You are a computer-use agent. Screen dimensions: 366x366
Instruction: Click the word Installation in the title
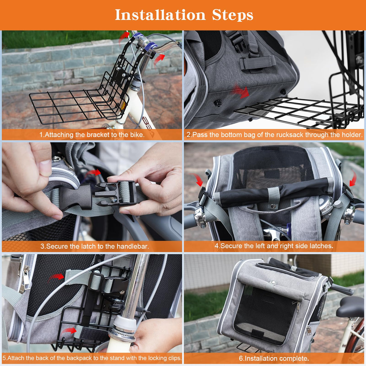coord(160,15)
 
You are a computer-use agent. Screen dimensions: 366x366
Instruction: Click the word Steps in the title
coord(232,15)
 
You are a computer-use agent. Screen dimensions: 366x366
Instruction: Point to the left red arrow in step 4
coord(197,180)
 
